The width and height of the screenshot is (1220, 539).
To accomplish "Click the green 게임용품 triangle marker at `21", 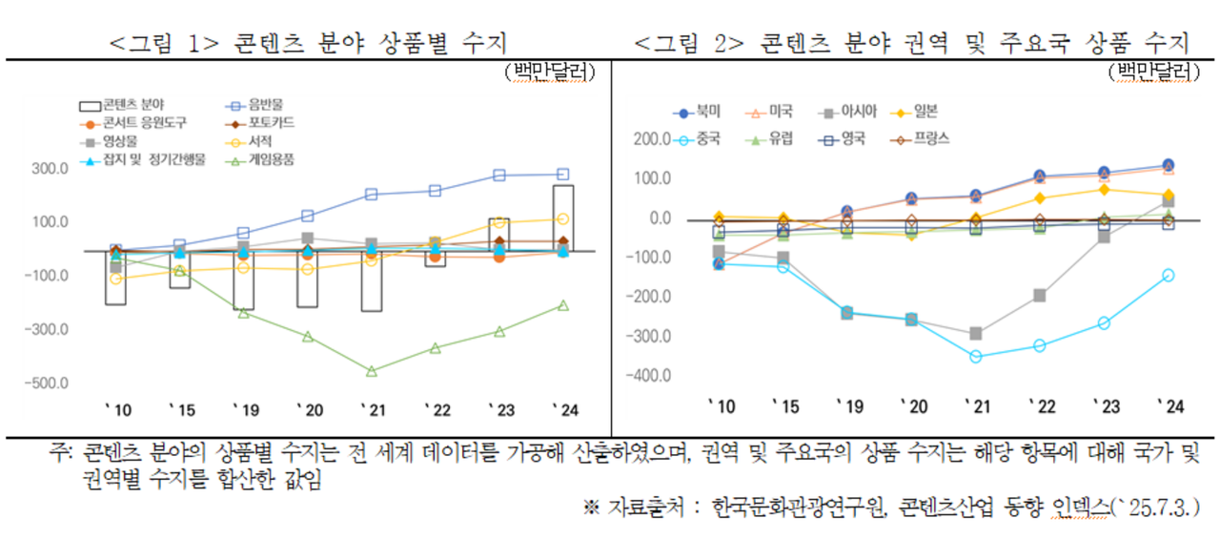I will [372, 371].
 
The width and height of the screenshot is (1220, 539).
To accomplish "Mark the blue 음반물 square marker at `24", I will [562, 175].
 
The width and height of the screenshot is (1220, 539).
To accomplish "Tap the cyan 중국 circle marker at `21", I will [975, 357].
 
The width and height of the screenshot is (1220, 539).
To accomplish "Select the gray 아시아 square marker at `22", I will [1040, 296].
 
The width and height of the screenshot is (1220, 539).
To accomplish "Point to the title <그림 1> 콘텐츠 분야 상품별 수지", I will [308, 43].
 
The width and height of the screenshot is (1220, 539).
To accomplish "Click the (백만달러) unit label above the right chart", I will [1151, 72].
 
